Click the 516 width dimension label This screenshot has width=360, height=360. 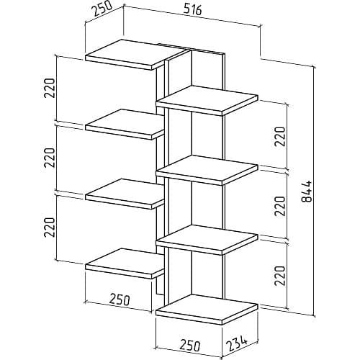193,9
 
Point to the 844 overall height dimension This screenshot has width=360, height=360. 306,191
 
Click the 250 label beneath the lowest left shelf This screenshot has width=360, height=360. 120,300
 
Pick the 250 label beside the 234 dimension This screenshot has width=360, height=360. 190,345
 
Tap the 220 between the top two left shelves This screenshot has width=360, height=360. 50,88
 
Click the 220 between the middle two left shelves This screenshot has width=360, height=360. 50,158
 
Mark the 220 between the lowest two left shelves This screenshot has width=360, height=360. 50,227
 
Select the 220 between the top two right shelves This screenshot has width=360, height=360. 280,137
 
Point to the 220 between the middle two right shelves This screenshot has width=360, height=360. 280,206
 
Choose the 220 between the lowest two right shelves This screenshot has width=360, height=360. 280,276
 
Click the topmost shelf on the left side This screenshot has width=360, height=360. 137,55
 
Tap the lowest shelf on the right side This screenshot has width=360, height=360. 207,310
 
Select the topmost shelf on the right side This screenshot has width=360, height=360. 207,101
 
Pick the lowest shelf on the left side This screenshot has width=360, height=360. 125,264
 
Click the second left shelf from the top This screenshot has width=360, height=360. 125,125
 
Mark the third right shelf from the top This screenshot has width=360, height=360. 207,240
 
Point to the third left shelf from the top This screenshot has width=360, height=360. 125,194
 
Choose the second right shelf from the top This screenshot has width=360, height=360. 207,170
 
